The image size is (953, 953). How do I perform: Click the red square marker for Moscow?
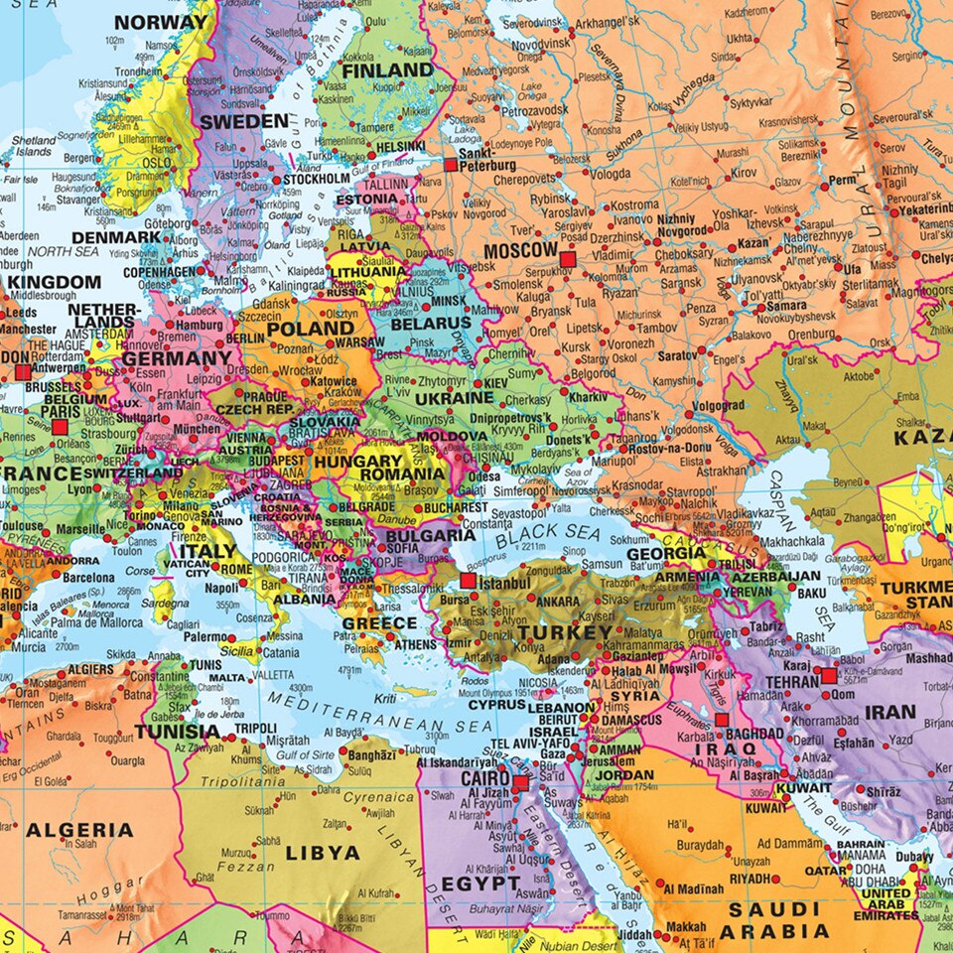[x=568, y=260]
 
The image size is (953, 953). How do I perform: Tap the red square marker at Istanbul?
[x=468, y=580]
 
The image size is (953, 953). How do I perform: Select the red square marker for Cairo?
[x=520, y=783]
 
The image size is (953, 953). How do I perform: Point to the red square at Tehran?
[x=829, y=676]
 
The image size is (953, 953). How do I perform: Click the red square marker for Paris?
[x=60, y=427]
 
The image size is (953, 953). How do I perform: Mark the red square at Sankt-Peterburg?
[x=451, y=167]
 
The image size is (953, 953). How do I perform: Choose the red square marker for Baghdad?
[x=722, y=720]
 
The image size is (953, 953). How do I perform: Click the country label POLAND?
[x=310, y=329]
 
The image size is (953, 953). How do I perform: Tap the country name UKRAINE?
[x=454, y=397]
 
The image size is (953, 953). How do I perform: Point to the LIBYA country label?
[x=323, y=852]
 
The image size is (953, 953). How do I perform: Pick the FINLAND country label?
[x=387, y=70]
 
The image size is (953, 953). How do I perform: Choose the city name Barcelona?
[x=88, y=578]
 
